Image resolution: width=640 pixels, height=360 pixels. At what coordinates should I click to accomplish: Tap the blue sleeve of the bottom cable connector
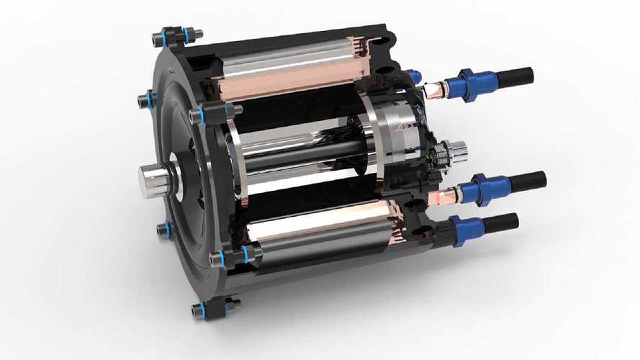(x=468, y=228)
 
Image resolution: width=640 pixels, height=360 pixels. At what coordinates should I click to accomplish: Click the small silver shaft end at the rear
(x=456, y=151)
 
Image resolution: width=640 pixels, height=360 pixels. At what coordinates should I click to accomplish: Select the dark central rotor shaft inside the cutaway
(x=310, y=155)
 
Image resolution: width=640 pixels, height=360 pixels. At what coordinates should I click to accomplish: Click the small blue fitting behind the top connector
(x=413, y=75)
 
